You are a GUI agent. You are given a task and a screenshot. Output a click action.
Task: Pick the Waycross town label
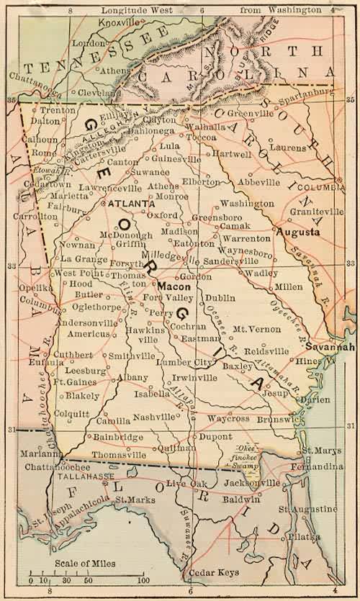[x=228, y=419]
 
